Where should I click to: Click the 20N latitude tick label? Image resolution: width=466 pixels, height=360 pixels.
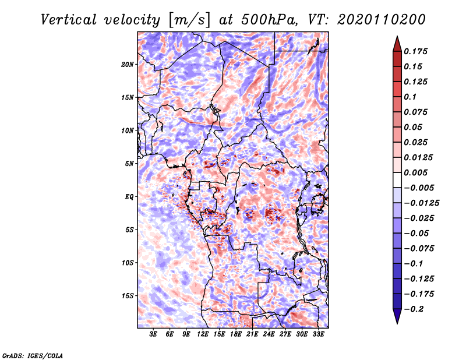[x=128, y=64]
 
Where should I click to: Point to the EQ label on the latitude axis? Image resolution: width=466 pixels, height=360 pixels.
[x=129, y=197]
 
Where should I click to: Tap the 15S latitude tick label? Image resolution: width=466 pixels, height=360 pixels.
[x=128, y=296]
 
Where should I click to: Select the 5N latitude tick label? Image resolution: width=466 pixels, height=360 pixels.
[x=129, y=164]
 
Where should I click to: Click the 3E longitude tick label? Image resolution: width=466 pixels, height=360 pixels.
[x=153, y=334]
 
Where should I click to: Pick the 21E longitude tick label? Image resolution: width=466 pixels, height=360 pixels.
[x=252, y=334]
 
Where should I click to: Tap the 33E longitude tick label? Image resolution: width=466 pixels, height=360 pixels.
[x=318, y=334]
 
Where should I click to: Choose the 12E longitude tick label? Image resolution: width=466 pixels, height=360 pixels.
[x=203, y=334]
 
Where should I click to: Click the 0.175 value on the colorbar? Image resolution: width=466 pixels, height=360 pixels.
[x=415, y=51]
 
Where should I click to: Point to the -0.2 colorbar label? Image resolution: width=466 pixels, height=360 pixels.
[x=414, y=309]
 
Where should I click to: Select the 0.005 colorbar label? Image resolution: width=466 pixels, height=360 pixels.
[x=415, y=172]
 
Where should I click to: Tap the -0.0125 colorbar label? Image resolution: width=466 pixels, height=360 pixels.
[x=421, y=203]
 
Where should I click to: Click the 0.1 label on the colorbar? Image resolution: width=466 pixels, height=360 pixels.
[x=410, y=97]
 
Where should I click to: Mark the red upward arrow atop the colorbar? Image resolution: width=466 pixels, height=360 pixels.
[x=397, y=44]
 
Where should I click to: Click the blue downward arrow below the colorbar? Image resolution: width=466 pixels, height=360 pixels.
[x=397, y=316]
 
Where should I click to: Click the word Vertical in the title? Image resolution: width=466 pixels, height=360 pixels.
[x=69, y=20]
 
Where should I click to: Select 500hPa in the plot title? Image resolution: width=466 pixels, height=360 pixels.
[x=269, y=20]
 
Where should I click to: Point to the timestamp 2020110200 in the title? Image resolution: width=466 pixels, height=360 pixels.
[x=382, y=20]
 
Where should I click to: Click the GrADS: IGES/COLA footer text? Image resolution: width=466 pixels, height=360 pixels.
[x=33, y=355]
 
